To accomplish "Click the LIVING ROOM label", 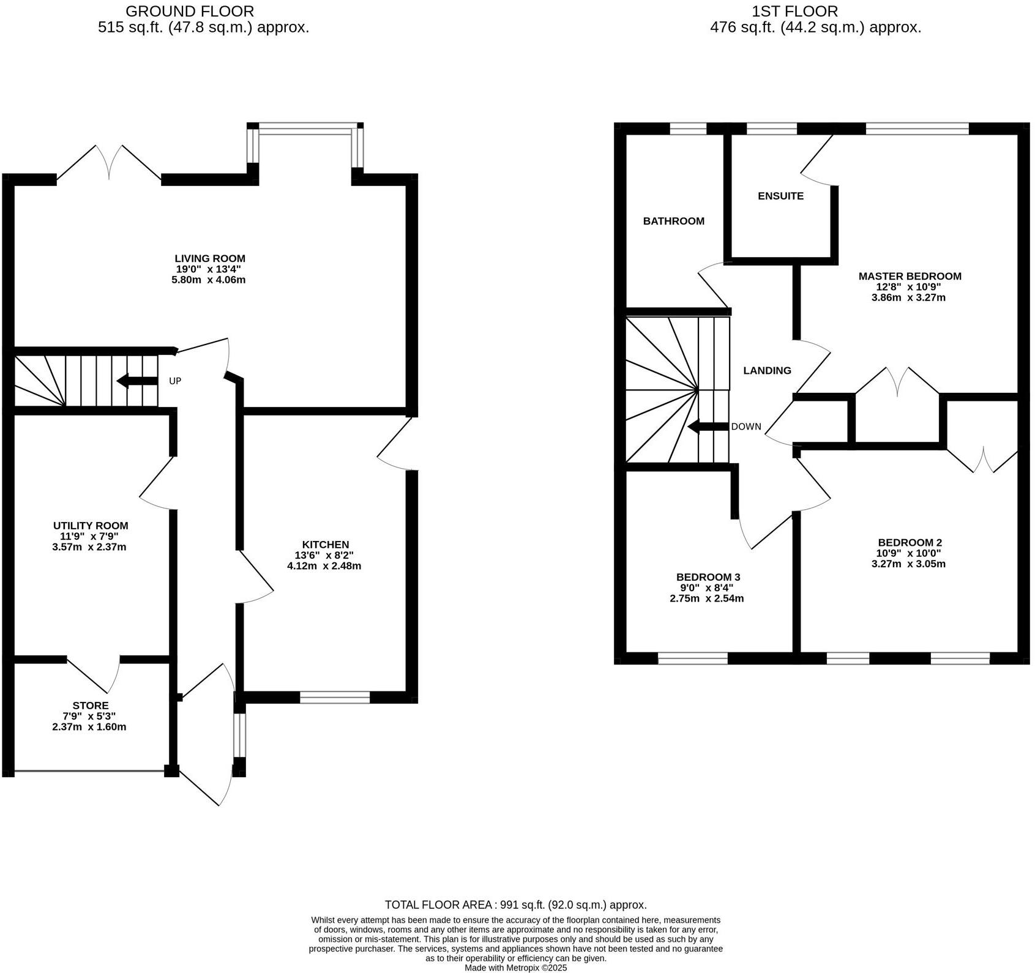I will [210, 259].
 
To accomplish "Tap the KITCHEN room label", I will [325, 545].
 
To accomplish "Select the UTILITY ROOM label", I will [91, 526].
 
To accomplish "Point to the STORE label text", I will [90, 706].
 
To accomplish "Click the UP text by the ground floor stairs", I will [175, 381].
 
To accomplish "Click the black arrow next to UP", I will [136, 381].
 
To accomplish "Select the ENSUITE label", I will [780, 196].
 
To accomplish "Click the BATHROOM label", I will [673, 222].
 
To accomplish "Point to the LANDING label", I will [767, 371].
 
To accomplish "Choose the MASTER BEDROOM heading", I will [910, 277].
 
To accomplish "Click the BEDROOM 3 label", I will [708, 577].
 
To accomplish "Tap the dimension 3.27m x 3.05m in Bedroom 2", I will [908, 564].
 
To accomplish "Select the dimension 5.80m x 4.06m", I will [209, 280].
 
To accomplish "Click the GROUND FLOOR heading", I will [190, 11].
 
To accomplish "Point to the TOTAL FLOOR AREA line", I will [515, 904].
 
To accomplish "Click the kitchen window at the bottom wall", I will [335, 697].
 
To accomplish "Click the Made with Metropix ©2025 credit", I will [515, 968].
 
